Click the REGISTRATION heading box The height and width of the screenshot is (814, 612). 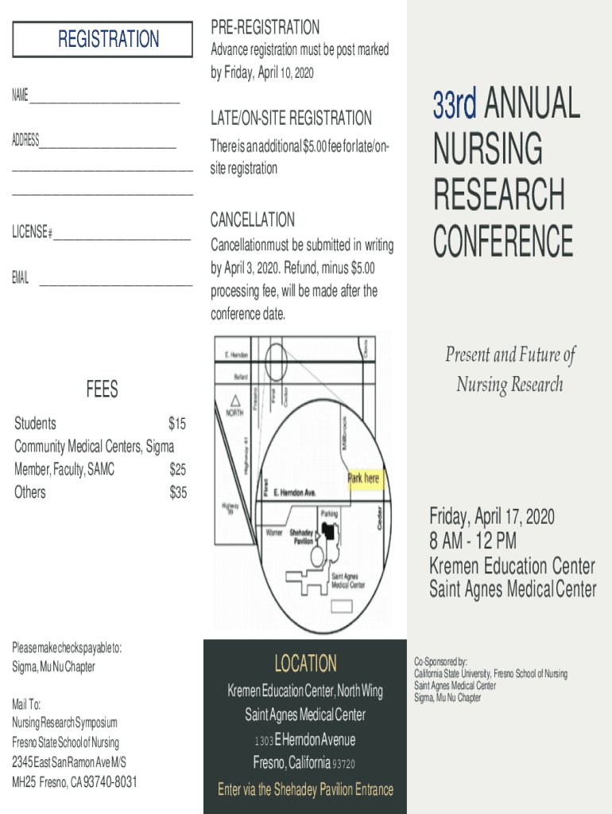coord(103,39)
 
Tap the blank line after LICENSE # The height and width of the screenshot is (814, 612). coord(122,237)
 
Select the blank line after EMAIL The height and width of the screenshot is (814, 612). coord(115,283)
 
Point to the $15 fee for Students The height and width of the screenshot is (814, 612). coord(177,424)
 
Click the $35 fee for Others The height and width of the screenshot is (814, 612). coord(178,493)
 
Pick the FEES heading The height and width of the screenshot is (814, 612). coord(103,389)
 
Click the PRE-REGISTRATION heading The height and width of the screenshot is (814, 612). coord(265,28)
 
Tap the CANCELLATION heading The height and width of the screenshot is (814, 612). coord(253,219)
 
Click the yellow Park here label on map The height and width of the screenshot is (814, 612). coord(363,479)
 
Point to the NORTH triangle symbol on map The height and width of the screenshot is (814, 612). coord(235,401)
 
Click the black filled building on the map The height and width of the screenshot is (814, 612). coord(328,533)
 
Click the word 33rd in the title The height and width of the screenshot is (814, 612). coord(455,104)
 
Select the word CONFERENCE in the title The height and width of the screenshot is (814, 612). coord(503,242)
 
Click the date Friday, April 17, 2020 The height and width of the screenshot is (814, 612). coord(492,517)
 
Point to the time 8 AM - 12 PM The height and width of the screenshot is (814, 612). coord(473,541)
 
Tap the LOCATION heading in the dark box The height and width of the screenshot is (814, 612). coord(305,663)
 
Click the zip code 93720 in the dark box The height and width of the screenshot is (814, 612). coord(344,764)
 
